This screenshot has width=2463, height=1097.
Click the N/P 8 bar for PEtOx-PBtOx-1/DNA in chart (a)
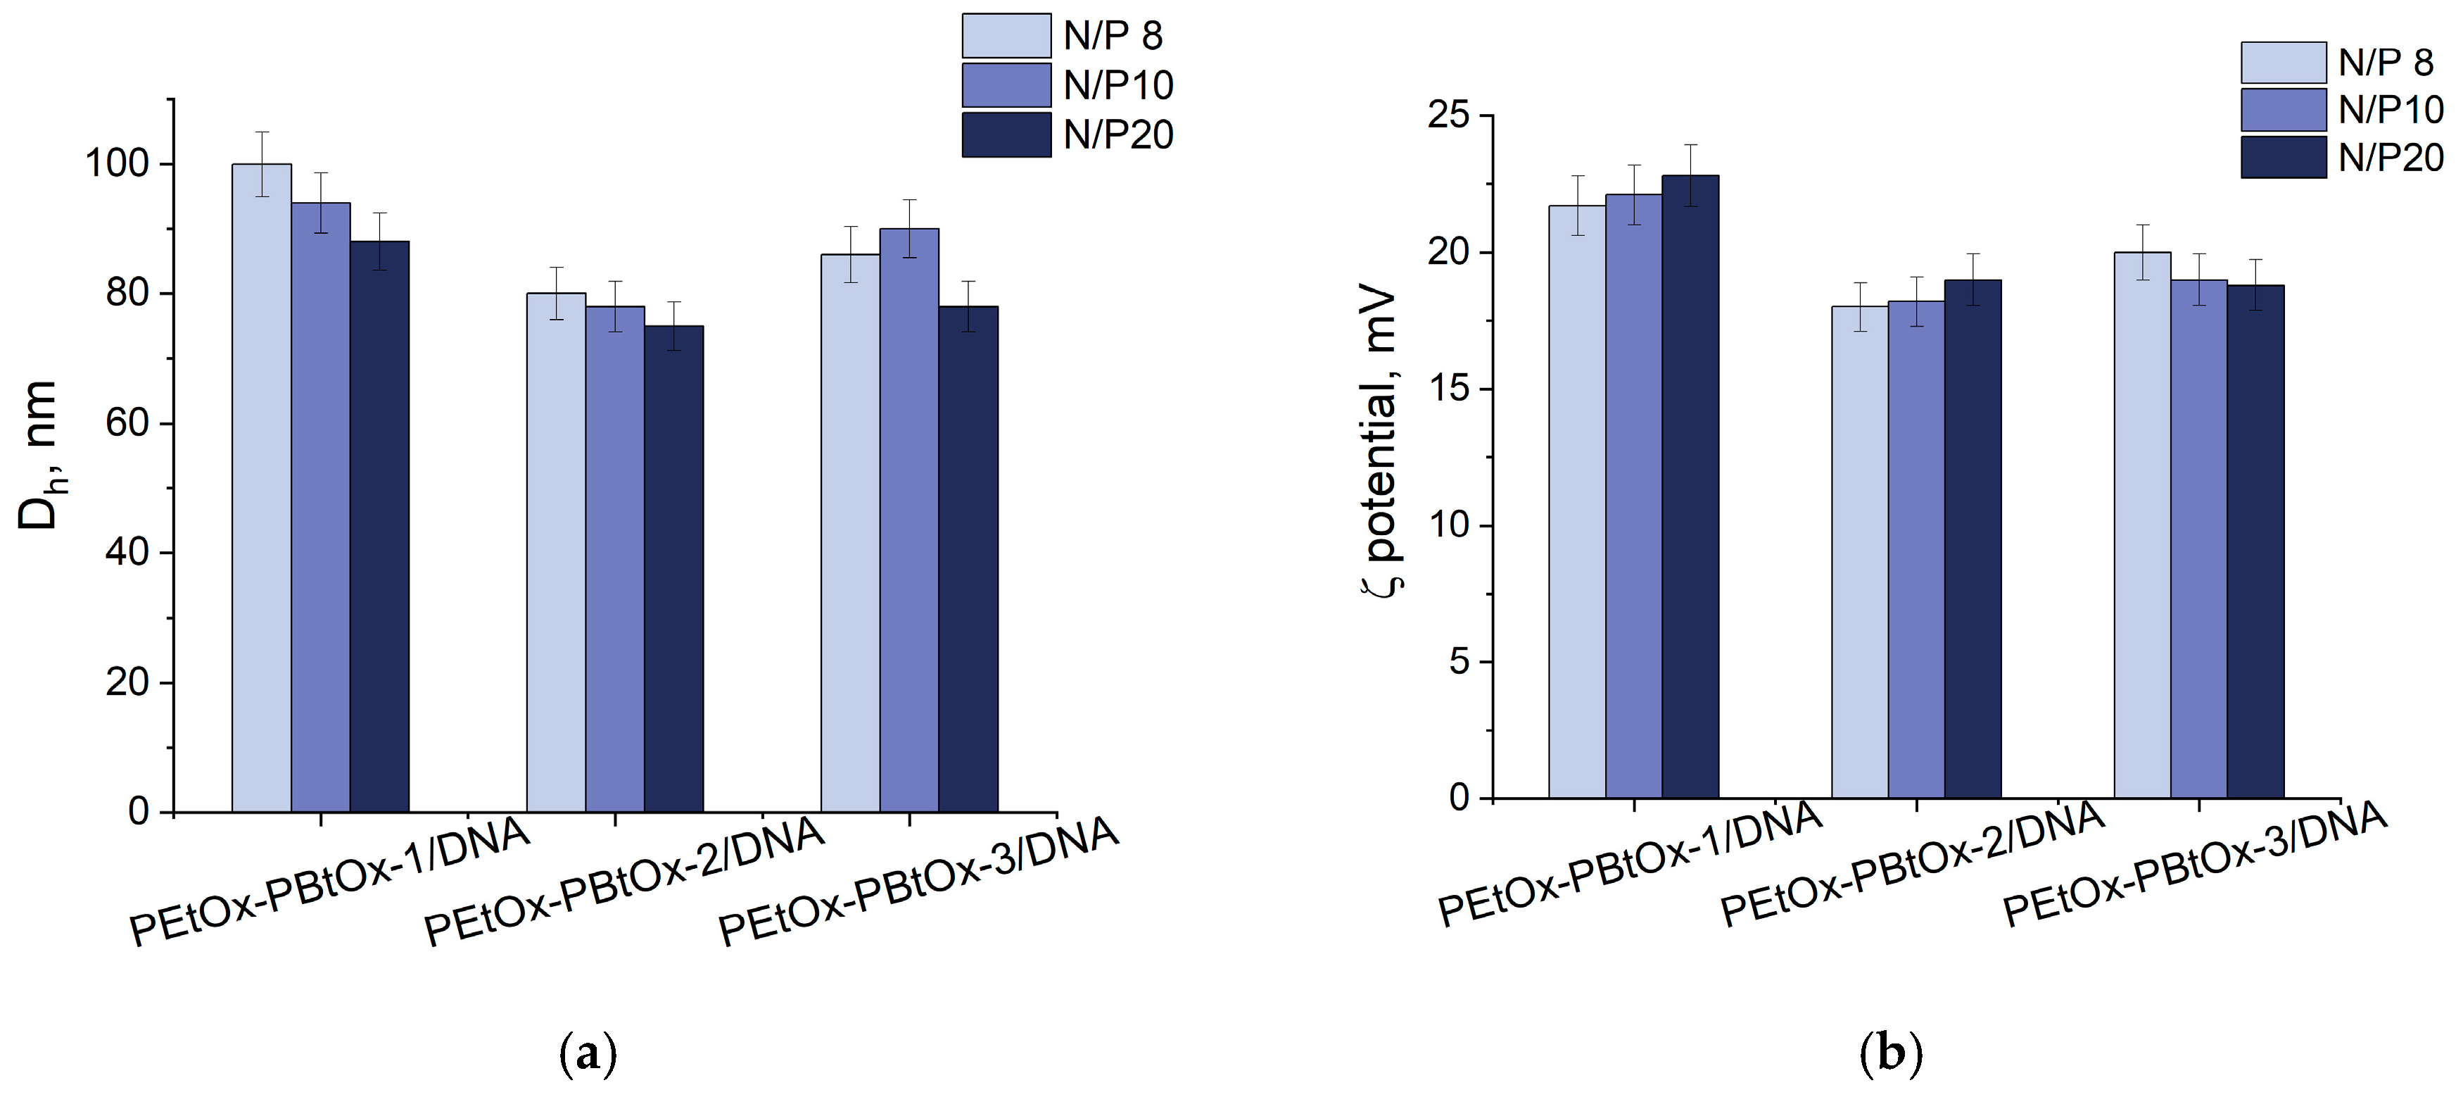click(262, 488)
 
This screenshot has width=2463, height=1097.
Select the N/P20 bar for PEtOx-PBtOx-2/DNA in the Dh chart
click(674, 569)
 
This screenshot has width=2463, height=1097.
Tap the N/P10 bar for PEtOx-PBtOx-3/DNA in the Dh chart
click(909, 520)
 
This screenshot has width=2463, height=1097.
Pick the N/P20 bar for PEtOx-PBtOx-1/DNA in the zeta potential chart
click(1690, 487)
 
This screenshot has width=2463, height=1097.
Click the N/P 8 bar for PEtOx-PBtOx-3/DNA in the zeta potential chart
click(2141, 525)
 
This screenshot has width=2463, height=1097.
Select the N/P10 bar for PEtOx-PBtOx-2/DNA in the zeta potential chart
click(1916, 550)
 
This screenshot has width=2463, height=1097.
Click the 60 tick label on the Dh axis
click(127, 424)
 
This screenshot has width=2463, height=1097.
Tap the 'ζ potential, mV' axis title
click(1381, 442)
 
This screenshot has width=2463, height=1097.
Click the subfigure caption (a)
click(587, 1055)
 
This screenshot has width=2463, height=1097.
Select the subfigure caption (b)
click(1892, 1055)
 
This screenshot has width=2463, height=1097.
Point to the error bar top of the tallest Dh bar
click(262, 132)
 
